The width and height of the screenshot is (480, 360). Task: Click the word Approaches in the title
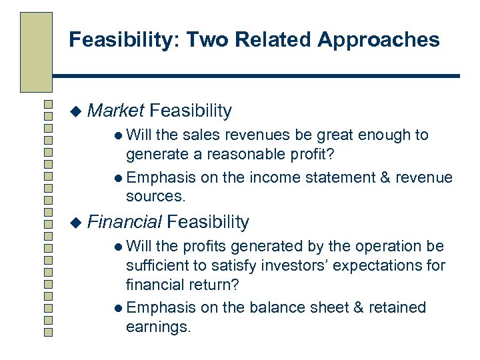pos(378,40)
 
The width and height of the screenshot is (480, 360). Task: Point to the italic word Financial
pos(125,221)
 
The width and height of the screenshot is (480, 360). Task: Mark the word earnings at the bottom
pos(158,327)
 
